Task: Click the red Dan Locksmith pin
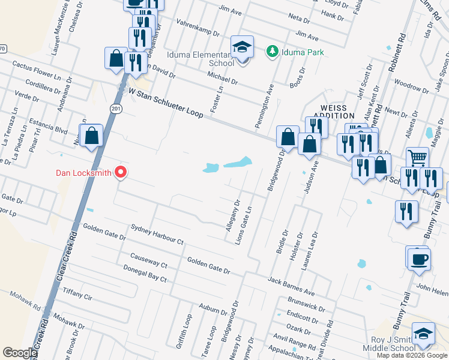coord(121,173)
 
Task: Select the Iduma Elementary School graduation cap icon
coord(243,47)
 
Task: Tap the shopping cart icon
coord(417,158)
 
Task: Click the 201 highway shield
coord(115,107)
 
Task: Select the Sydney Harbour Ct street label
coord(157,234)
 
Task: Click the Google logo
coord(20,353)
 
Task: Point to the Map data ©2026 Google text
coord(411,355)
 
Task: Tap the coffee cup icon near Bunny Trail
coord(419,259)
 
